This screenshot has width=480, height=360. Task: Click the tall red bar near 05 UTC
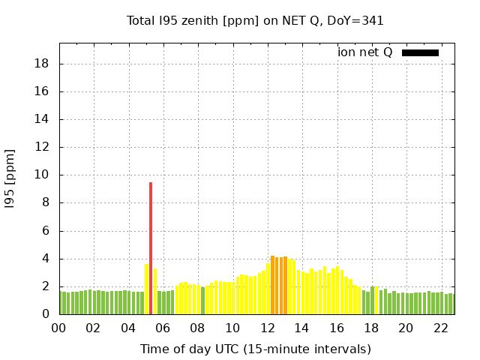point(151,247)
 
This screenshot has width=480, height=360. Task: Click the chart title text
point(255,20)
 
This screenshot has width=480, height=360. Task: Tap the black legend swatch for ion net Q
point(420,52)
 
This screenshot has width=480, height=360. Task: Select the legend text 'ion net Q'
point(365,52)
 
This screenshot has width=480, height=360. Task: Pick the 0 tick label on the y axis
point(46,314)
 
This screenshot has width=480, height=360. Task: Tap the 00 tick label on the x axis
point(58,328)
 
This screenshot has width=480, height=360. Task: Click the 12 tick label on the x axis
point(267,328)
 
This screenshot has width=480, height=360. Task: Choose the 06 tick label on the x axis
point(163,328)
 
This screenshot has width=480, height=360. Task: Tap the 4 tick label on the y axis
point(46,259)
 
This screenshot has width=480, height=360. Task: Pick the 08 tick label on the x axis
point(197,328)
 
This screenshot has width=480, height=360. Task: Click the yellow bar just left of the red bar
point(146,289)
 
